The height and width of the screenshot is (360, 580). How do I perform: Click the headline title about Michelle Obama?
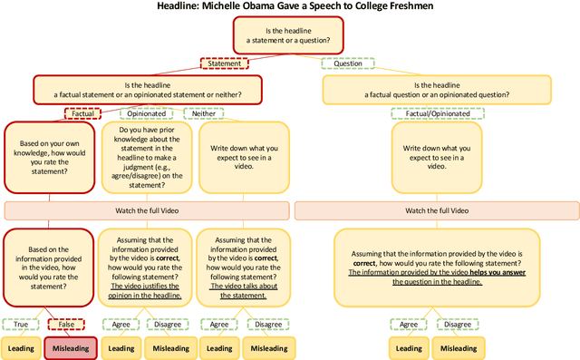[290, 7]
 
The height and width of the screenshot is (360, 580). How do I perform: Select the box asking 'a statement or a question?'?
[290, 39]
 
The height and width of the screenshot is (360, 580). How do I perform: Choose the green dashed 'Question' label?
[348, 63]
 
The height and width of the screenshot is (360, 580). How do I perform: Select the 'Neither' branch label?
[204, 113]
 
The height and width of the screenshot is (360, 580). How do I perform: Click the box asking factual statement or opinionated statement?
[148, 88]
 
